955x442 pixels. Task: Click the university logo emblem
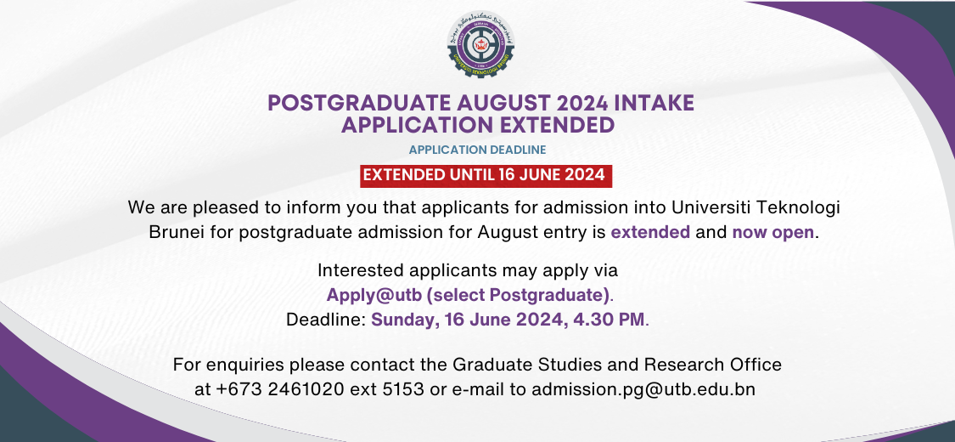[480, 44]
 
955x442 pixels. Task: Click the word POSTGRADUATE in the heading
[346, 104]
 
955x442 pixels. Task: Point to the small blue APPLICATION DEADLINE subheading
[477, 150]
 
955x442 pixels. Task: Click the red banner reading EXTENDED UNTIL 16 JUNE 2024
[484, 175]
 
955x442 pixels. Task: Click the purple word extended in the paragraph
[650, 231]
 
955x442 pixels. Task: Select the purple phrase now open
[773, 231]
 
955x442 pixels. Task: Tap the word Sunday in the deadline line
[402, 320]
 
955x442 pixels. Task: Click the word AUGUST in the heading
[471, 104]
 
